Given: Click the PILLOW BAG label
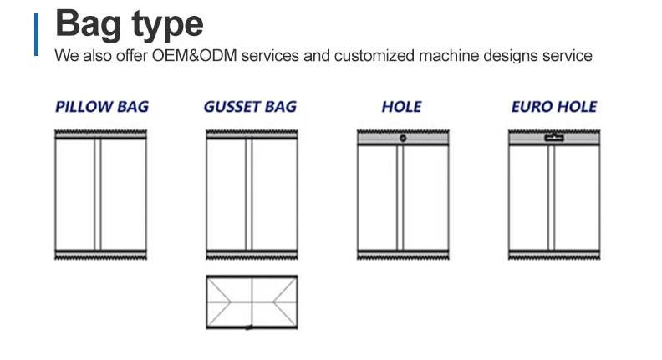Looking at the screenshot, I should (101, 108).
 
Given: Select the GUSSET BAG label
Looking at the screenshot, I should (250, 108).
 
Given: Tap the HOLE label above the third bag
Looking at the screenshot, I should (401, 108).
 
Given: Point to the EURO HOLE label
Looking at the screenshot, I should (553, 108).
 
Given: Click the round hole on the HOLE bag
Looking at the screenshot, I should (403, 138).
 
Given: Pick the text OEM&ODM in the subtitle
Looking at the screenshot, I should (191, 56).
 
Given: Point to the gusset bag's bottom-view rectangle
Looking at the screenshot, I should (251, 302).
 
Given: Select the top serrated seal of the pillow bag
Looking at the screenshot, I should (100, 134).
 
